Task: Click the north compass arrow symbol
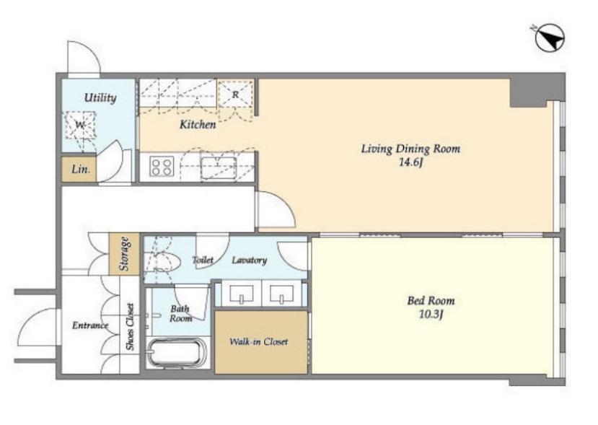point(550,38)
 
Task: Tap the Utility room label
point(100,97)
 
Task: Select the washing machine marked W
point(80,125)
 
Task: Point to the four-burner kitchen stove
point(162,167)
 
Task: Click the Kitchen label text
point(198,124)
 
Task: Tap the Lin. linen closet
point(79,169)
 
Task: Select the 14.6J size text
point(410,162)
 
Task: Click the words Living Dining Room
point(410,149)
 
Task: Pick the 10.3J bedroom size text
point(431,315)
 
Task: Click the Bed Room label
point(431,301)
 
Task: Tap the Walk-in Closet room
point(261,342)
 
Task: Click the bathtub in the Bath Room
point(177,353)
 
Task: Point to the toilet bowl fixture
point(163,261)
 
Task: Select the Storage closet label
point(124,254)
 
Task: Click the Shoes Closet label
point(130,327)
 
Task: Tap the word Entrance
point(90,325)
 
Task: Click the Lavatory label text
point(250,260)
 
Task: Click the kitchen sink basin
point(218,168)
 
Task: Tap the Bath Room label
point(180,314)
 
